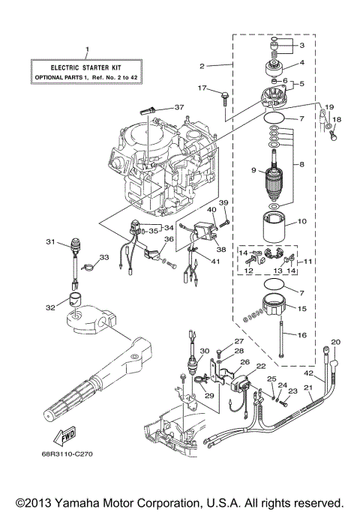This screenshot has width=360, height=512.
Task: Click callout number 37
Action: point(178,107)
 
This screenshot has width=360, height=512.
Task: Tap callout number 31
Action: point(50,241)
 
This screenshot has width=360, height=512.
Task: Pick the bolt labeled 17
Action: point(223,94)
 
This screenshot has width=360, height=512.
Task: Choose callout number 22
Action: point(261,366)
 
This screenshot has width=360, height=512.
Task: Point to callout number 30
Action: point(202,351)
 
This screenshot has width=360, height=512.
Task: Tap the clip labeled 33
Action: point(86,265)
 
